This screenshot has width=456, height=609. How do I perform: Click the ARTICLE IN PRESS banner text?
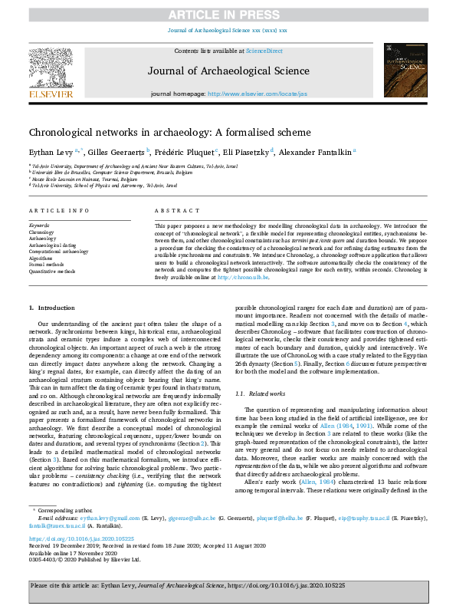(228, 14)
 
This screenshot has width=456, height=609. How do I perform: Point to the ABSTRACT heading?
(171, 210)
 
